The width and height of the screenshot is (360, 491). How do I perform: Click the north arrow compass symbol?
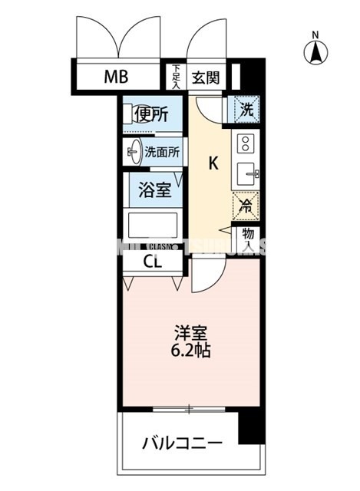pos(315,51)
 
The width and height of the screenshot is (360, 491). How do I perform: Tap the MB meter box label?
pos(117,77)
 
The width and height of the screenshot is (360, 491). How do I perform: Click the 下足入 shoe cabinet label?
pos(176,77)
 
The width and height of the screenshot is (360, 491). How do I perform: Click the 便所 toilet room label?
pos(150,115)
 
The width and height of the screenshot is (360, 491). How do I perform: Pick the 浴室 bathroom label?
pos(155,190)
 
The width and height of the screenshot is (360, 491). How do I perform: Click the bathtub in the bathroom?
pos(154,226)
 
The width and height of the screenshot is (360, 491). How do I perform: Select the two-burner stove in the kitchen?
pos(246,143)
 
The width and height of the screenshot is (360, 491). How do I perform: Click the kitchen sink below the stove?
pos(246,173)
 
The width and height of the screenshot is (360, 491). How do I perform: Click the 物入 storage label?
pos(249,241)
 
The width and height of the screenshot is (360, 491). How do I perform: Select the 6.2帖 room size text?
pos(192,352)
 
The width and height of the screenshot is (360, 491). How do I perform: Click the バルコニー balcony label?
pos(182,443)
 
